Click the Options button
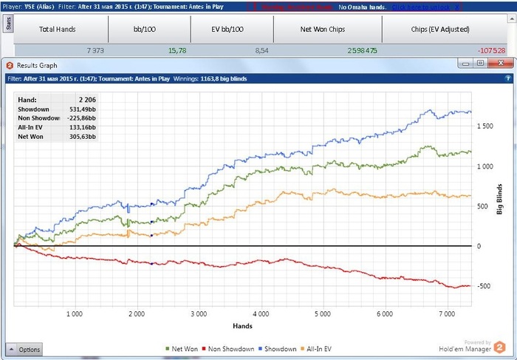[x=24, y=349]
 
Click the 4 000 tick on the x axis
[x=259, y=314]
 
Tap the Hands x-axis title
[x=243, y=325]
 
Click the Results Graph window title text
[x=40, y=64]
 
